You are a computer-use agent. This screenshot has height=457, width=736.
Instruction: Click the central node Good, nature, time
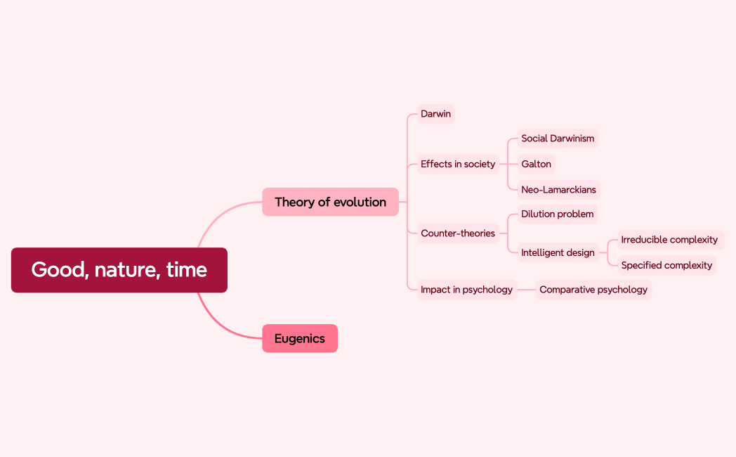click(x=119, y=270)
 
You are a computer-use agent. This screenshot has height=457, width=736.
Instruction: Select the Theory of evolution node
click(x=330, y=202)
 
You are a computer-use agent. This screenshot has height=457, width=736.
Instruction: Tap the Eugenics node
click(x=300, y=338)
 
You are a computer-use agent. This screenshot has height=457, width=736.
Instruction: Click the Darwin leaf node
click(x=435, y=114)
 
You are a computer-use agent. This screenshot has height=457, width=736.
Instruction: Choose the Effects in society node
click(x=458, y=164)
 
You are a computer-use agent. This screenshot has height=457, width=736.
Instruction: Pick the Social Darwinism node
click(x=558, y=139)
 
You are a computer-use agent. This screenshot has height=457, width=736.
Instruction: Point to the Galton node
click(x=536, y=164)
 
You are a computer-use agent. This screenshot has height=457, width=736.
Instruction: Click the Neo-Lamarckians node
click(x=558, y=189)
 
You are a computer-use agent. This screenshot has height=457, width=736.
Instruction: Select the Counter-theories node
click(x=458, y=233)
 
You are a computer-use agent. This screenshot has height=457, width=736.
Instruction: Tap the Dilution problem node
click(x=557, y=214)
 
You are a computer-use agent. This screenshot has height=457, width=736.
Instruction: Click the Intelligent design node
click(x=558, y=252)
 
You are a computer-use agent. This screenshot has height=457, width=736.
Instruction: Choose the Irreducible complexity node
click(x=669, y=240)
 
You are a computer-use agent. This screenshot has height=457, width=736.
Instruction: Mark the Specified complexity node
click(x=666, y=265)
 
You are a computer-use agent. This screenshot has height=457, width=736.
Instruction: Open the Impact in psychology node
click(x=466, y=290)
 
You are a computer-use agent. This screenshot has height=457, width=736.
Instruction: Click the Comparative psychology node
click(x=593, y=290)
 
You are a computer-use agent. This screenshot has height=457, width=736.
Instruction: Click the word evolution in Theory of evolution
click(x=360, y=202)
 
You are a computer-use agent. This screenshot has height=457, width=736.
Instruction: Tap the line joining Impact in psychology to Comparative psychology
click(x=527, y=290)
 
